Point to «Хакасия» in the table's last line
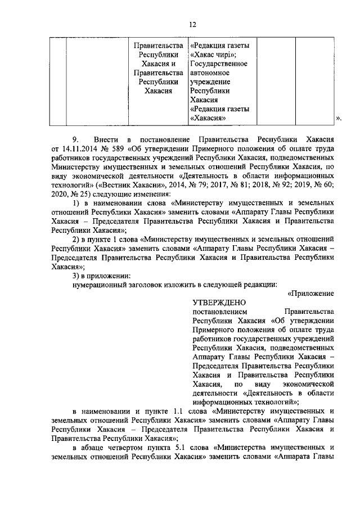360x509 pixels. click(x=209, y=118)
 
